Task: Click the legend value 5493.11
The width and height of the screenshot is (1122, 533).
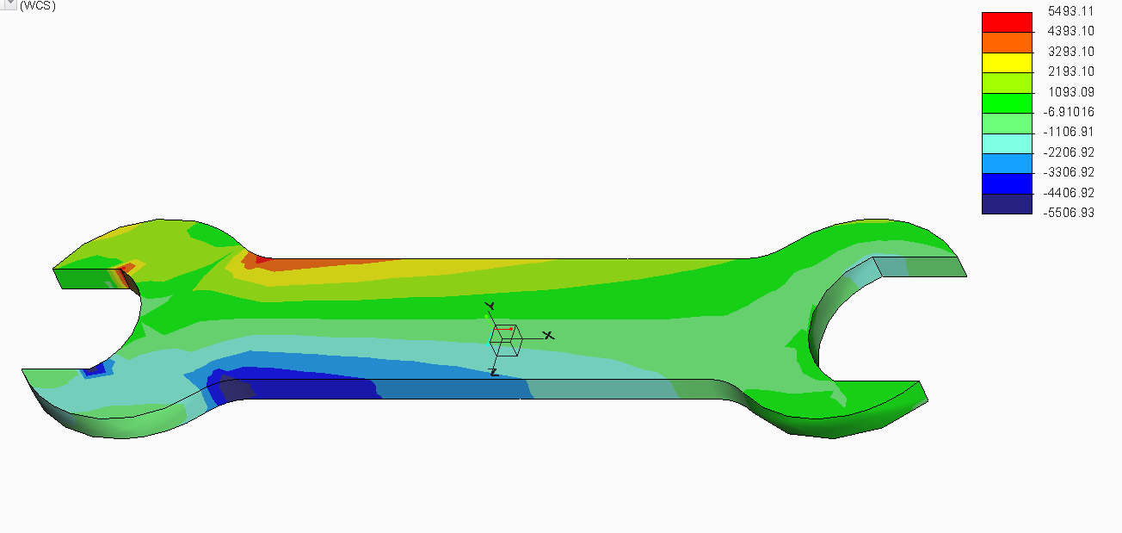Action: [1070, 11]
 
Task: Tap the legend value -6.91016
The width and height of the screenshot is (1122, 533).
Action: [1069, 112]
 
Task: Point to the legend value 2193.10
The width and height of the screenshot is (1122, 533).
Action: [1070, 71]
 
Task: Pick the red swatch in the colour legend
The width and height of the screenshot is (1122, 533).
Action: [1007, 22]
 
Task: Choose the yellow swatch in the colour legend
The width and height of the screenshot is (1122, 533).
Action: [1007, 62]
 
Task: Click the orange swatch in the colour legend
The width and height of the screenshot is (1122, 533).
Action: [1007, 42]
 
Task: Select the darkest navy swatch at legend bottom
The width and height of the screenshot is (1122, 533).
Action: [1007, 204]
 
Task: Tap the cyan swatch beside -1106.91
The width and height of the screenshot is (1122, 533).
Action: [1007, 143]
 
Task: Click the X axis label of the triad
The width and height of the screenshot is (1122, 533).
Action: [548, 335]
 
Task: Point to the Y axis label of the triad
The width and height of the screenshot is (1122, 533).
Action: [489, 306]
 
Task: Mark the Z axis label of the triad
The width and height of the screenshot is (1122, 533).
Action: [493, 372]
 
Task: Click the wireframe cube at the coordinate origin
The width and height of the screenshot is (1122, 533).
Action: [504, 339]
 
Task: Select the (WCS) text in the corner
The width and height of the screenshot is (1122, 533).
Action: [38, 6]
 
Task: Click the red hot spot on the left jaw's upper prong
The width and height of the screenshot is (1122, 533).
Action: [126, 270]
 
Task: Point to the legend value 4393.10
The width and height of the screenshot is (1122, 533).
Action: [1070, 31]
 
